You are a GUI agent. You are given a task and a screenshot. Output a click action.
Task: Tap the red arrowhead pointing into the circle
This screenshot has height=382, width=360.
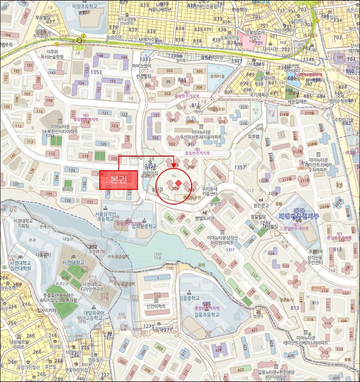click(x=173, y=165)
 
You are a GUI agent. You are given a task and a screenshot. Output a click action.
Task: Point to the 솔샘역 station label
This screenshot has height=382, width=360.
click(x=81, y=47)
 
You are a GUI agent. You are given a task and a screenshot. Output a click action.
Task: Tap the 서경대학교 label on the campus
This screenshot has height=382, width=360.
click(x=72, y=262)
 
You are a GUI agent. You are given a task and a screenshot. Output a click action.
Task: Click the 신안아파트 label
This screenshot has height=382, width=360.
click(x=156, y=306)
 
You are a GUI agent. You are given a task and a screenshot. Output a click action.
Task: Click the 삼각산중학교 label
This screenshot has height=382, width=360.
click(x=143, y=225)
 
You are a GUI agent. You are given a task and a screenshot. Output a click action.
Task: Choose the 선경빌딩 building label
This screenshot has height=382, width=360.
click(x=143, y=76)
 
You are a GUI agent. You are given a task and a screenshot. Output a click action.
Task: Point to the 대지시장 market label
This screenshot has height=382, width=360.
click(x=271, y=48)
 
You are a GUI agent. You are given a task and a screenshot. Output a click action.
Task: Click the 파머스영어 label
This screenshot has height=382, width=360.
click(x=141, y=67)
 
